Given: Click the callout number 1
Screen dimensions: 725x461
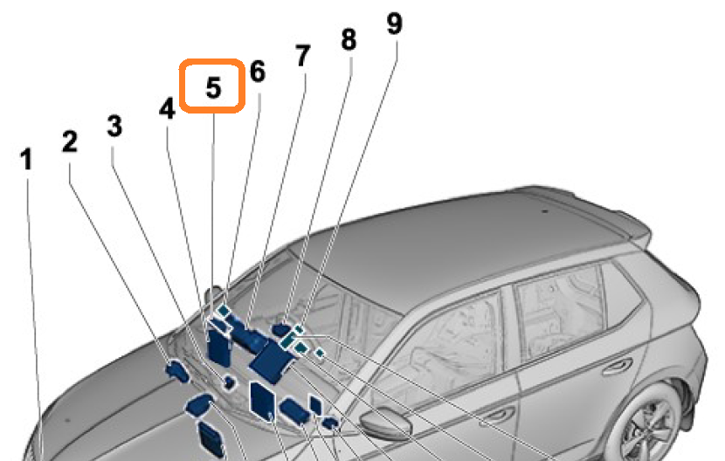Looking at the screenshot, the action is (26, 159).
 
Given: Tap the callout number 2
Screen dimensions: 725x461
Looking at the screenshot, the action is (70, 141).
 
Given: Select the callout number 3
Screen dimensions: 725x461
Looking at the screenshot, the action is (114, 126).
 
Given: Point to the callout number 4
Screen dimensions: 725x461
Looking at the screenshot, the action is (167, 109).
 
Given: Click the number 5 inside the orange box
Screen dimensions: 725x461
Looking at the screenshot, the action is (213, 87).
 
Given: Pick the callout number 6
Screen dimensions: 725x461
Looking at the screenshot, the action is (258, 72).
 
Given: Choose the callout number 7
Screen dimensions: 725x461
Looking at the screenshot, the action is (303, 56).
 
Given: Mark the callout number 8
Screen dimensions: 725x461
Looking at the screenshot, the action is (349, 39).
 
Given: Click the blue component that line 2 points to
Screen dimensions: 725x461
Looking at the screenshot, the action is (177, 370).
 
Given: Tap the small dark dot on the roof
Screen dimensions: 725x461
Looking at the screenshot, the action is (545, 211).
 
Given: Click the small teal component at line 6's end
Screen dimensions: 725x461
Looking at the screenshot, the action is (224, 309).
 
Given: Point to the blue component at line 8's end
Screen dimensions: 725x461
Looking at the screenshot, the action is (281, 330).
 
